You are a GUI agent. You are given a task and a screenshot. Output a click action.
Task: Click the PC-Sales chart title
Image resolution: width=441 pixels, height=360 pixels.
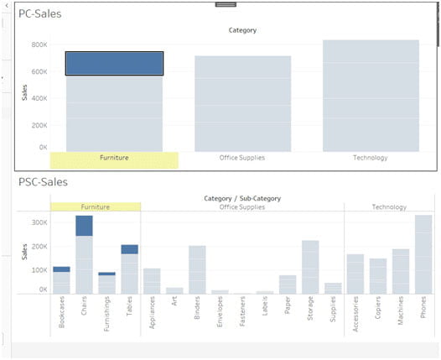click(40, 14)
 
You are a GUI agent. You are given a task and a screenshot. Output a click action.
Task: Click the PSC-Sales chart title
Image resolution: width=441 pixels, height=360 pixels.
click(43, 182)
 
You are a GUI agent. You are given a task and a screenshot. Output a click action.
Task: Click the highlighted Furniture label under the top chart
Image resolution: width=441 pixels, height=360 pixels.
click(114, 158)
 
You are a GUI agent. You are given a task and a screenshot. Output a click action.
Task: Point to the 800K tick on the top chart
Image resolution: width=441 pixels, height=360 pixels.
click(39, 45)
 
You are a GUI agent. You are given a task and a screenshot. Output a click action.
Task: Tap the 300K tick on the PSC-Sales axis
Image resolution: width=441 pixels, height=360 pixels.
click(39, 223)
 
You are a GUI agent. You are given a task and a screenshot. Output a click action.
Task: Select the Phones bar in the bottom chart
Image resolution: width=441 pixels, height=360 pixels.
click(423, 254)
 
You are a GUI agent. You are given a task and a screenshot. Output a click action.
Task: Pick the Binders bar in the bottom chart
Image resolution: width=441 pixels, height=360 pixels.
click(197, 269)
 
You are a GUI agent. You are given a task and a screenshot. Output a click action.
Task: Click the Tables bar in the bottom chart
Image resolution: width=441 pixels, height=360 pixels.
click(129, 269)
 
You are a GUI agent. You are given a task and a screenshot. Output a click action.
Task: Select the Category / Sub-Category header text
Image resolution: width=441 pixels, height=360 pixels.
click(242, 198)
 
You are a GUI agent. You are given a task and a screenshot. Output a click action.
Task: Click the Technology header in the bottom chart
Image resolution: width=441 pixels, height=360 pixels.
click(389, 206)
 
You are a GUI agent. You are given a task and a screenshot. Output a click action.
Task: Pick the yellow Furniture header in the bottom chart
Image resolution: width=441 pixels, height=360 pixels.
click(95, 206)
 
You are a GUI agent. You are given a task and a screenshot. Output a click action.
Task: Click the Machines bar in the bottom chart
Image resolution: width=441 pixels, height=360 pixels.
click(401, 271)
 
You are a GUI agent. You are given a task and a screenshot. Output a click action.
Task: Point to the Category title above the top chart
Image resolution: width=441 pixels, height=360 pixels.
click(242, 30)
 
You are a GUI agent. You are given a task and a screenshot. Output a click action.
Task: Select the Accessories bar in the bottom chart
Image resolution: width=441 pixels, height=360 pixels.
click(355, 274)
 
